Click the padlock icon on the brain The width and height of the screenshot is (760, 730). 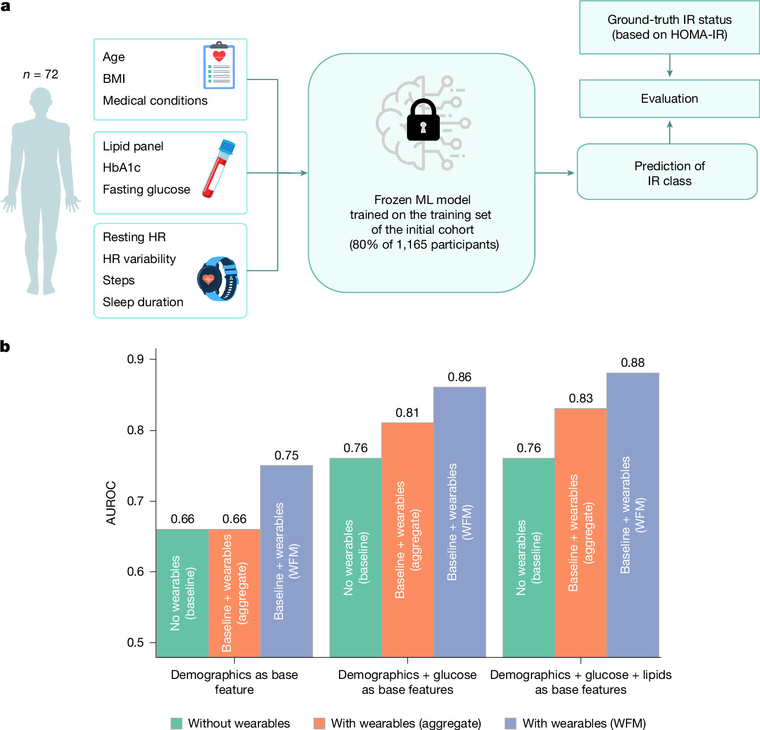(x=423, y=121)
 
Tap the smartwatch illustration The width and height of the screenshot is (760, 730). (x=218, y=279)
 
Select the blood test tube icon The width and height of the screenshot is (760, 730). (x=218, y=169)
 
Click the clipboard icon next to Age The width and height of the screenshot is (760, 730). (x=219, y=66)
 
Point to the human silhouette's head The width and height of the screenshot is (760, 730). (x=41, y=99)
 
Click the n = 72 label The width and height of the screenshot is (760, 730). (x=41, y=74)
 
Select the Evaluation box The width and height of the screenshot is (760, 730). (x=669, y=99)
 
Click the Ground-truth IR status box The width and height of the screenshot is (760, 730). (x=669, y=27)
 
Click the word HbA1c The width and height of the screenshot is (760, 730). (x=122, y=168)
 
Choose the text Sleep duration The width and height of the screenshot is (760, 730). (x=143, y=302)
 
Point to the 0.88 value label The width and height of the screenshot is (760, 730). (x=632, y=363)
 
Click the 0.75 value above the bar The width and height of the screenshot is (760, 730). (x=286, y=456)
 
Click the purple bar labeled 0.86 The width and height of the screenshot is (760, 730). (x=459, y=522)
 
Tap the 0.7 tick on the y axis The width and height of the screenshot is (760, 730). (x=136, y=501)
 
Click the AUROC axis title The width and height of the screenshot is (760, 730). (x=111, y=503)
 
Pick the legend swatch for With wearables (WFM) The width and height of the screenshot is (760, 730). (x=510, y=723)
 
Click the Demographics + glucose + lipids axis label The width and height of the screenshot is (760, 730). (x=580, y=682)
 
